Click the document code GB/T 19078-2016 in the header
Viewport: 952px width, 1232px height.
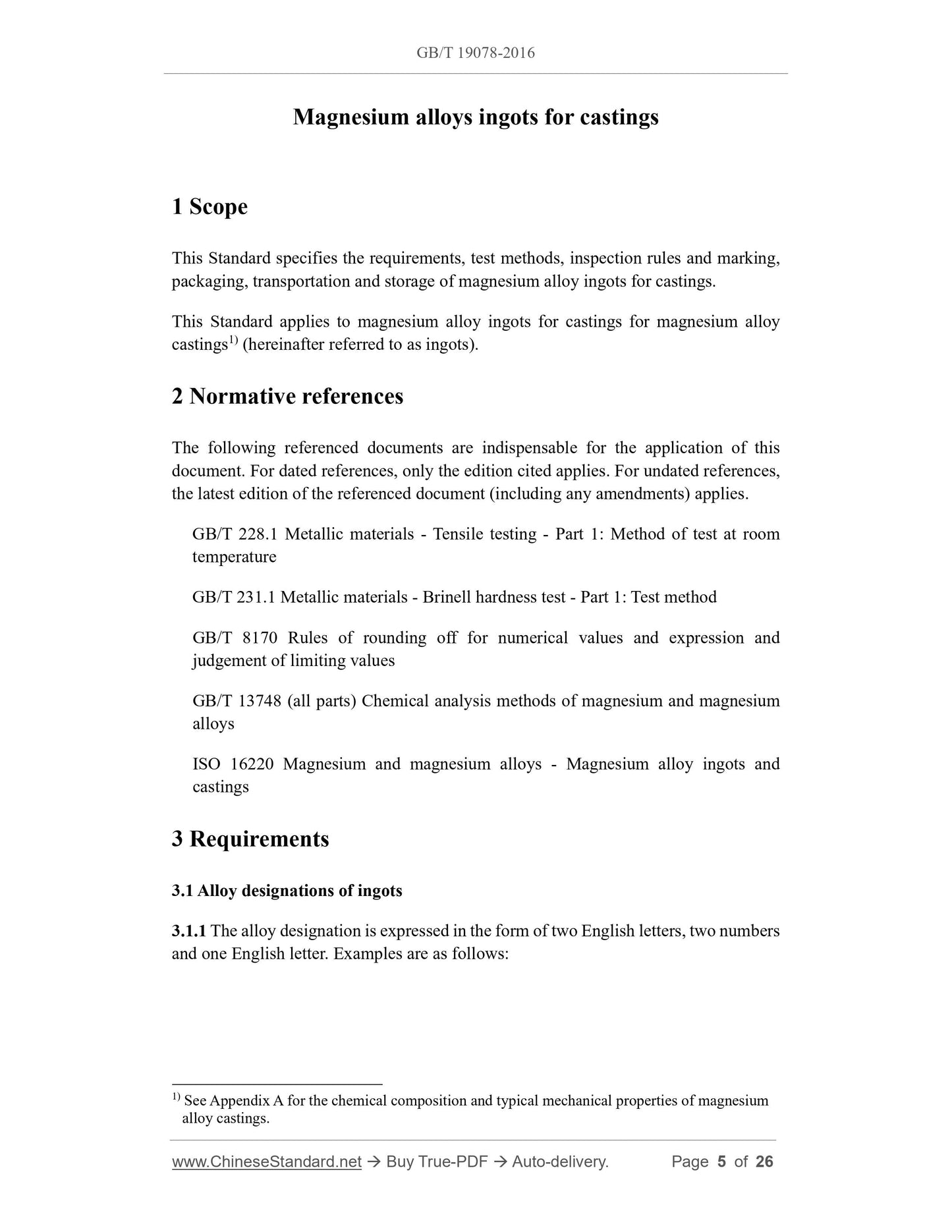coord(475,53)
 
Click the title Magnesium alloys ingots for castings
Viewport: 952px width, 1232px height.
coord(475,117)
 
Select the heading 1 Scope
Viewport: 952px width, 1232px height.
coord(210,207)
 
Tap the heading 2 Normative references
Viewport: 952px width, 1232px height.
coord(287,397)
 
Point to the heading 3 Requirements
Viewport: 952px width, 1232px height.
coord(250,839)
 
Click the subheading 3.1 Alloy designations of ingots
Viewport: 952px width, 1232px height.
coord(287,891)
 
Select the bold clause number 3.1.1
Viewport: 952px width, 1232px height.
coord(189,931)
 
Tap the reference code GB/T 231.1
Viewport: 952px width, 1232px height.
coord(233,597)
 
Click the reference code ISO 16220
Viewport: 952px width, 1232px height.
coord(233,764)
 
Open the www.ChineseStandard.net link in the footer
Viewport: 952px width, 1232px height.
coord(267,1162)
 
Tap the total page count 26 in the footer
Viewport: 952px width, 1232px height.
coord(764,1162)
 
